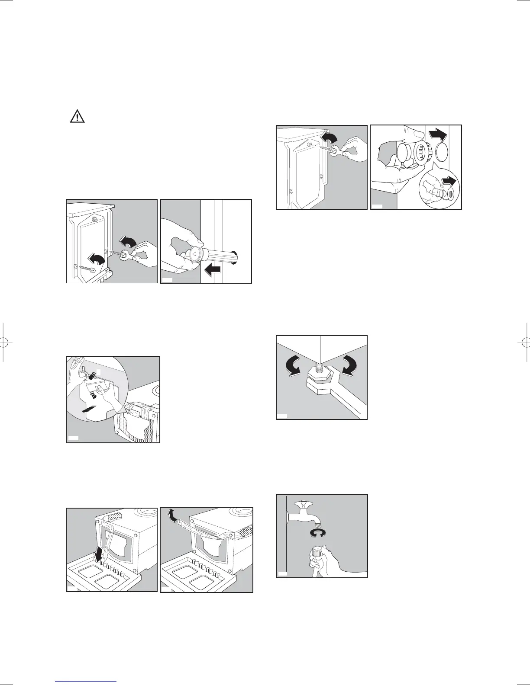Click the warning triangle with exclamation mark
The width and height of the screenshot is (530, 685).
(78, 117)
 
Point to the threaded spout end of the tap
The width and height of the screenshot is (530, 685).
(315, 523)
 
